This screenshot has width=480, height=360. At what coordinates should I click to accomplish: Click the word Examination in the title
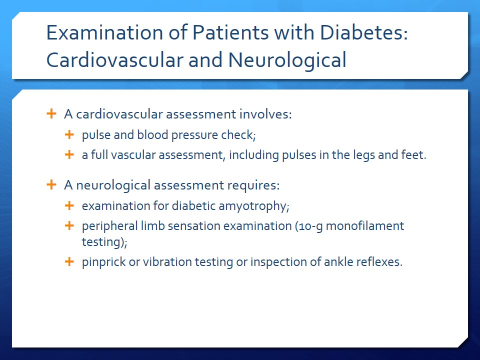pyautogui.click(x=104, y=32)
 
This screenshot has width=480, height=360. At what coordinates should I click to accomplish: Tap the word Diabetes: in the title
pyautogui.click(x=364, y=32)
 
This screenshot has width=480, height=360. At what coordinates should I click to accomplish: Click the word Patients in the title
pyautogui.click(x=230, y=32)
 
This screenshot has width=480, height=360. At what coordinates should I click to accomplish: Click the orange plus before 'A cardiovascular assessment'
pyautogui.click(x=51, y=113)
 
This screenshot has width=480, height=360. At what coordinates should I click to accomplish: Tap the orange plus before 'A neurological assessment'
pyautogui.click(x=51, y=184)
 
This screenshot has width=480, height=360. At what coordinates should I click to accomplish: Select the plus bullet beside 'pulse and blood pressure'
pyautogui.click(x=69, y=134)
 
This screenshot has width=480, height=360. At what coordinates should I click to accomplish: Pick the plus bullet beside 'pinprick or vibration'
pyautogui.click(x=69, y=261)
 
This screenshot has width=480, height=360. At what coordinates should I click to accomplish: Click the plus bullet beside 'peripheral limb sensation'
pyautogui.click(x=69, y=225)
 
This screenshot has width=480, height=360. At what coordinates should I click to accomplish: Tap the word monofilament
pyautogui.click(x=365, y=226)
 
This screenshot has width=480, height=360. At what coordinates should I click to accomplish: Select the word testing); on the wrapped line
pyautogui.click(x=104, y=242)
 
